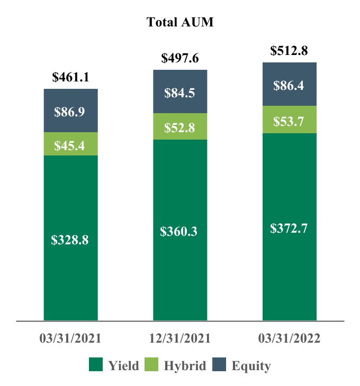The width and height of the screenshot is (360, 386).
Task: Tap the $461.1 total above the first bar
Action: [70, 77]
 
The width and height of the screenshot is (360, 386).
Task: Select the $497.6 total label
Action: [179, 58]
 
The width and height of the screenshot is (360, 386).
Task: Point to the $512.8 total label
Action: [289, 51]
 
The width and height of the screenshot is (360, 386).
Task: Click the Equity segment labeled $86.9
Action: [70, 111]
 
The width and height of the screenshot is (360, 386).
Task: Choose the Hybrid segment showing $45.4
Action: [70, 144]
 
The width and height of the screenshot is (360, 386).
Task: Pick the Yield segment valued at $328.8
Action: [70, 239]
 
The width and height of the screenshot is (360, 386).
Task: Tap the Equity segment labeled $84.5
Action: [180, 93]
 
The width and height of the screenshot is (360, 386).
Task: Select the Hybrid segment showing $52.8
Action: [180, 127]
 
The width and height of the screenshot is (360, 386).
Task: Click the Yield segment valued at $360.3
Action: [180, 231]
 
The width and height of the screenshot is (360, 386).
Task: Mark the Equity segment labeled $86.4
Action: [289, 85]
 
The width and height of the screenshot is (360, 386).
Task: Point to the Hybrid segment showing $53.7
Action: [289, 120]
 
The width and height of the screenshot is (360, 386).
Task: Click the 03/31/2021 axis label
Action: [70, 338]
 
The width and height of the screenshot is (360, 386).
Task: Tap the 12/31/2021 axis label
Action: [179, 338]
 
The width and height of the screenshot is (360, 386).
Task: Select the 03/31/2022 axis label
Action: [289, 338]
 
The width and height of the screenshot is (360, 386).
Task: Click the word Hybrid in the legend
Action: [185, 365]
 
